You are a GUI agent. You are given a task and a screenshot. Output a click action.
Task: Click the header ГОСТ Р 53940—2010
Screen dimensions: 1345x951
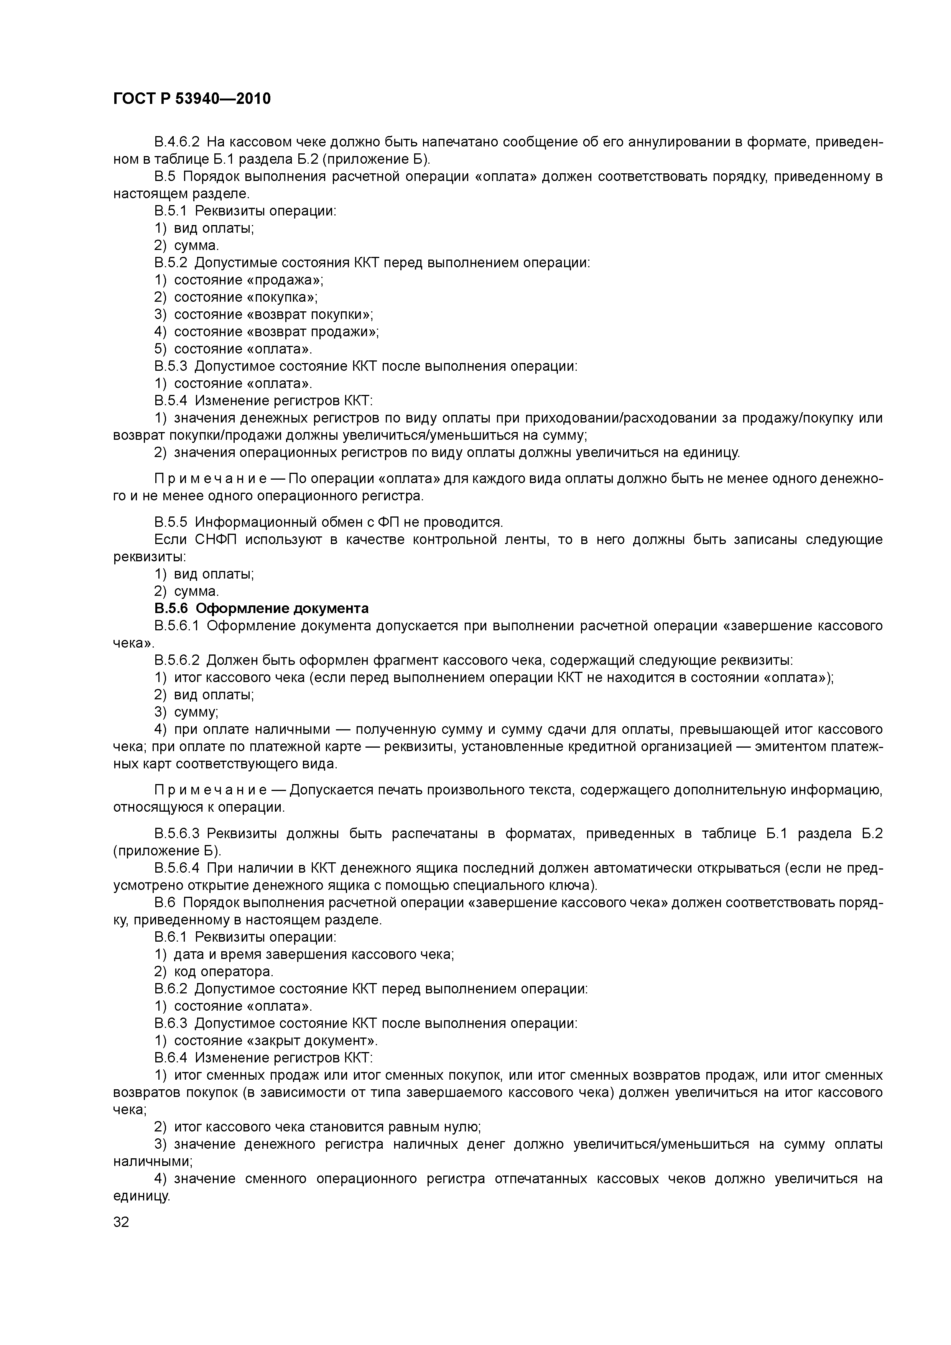coord(192,99)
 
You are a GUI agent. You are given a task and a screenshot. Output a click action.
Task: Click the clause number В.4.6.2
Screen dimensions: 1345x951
coord(176,142)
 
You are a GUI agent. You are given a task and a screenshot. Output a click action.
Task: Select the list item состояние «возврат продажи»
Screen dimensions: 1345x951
coord(276,332)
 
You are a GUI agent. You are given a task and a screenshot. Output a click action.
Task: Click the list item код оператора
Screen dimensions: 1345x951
coord(223,971)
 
